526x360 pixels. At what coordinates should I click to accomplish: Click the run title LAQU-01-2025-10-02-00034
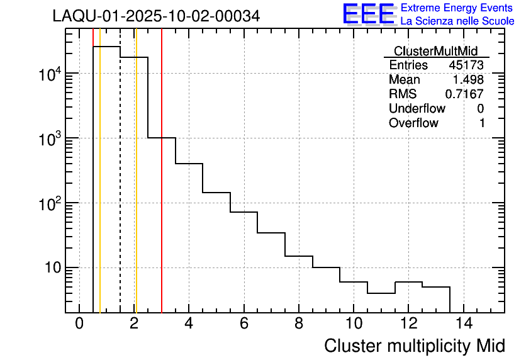156,16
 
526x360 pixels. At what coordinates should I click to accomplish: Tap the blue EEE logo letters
368,14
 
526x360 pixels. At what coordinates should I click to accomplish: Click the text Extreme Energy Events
457,8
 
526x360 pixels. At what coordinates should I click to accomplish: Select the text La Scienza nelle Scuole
457,21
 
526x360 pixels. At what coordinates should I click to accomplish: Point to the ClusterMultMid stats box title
435,51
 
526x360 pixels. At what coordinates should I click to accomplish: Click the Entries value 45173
466,65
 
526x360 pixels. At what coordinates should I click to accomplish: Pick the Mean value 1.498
468,80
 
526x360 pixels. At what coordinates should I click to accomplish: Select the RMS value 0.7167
464,94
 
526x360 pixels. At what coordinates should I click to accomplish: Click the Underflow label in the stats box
417,109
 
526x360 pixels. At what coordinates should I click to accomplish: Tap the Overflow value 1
482,123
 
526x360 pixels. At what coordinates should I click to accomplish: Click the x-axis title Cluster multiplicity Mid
414,346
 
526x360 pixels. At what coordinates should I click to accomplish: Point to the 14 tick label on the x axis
462,324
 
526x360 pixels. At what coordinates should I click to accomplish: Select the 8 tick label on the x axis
298,324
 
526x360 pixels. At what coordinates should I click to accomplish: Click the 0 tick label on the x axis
79,324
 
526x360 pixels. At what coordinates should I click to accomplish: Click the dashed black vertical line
120,189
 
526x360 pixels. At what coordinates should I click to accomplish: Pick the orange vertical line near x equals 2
136,189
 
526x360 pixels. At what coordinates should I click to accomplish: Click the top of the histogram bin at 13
435,287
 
